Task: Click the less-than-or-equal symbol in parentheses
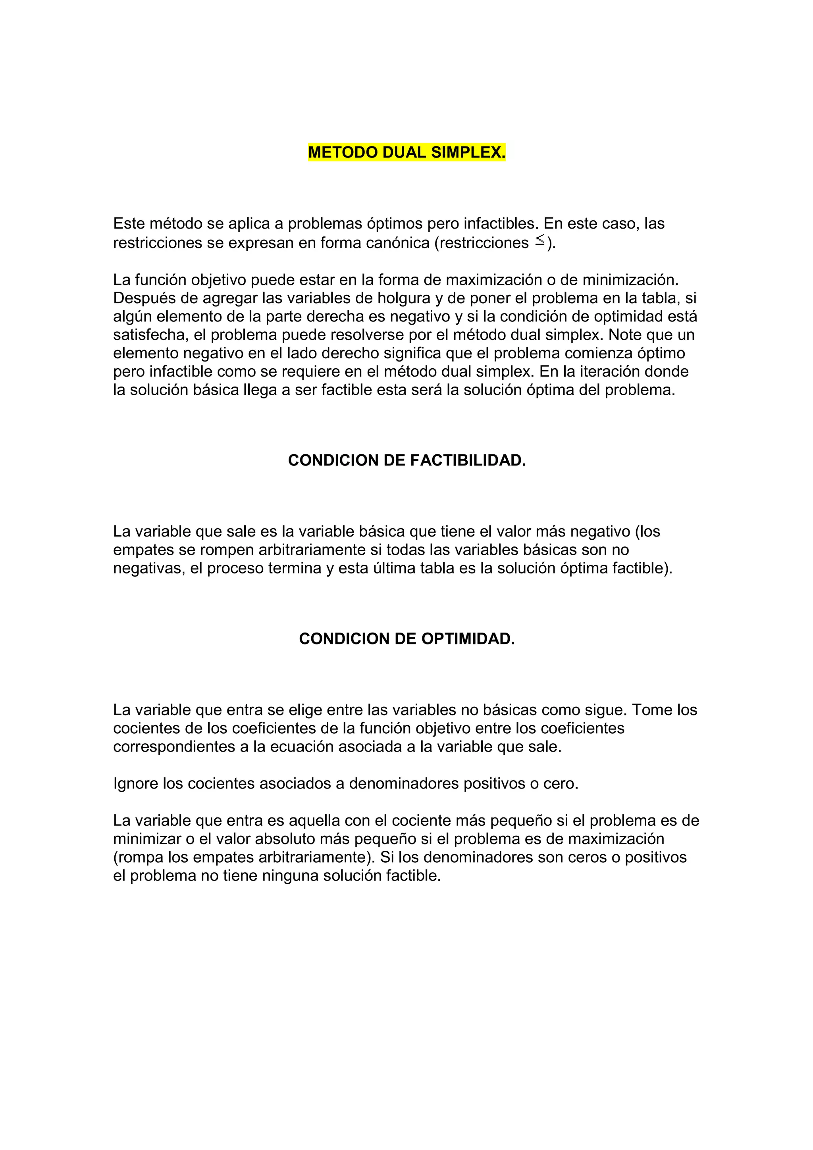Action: tap(539, 240)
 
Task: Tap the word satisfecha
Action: tap(149, 335)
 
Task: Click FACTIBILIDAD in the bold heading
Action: tap(468, 460)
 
